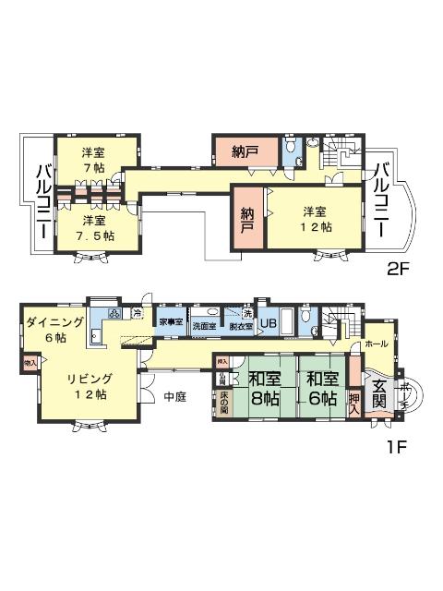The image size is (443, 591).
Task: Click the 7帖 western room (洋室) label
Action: [91, 159]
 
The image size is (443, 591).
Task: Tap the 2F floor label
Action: [399, 271]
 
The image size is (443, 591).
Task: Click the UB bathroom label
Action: [269, 323]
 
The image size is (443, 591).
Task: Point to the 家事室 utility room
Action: [170, 323]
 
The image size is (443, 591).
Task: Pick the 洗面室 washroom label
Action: [203, 325]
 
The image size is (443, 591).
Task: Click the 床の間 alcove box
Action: [223, 404]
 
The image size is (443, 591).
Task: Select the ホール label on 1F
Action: [377, 343]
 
